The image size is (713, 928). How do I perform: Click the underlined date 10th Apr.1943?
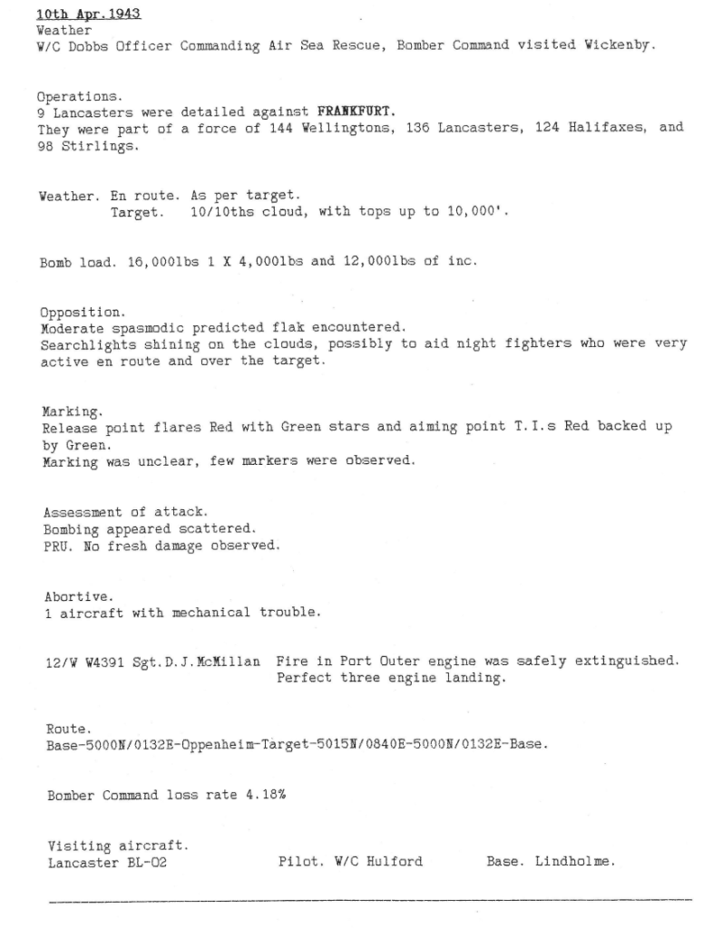[x=88, y=15]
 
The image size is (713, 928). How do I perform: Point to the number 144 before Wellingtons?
[x=280, y=128]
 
